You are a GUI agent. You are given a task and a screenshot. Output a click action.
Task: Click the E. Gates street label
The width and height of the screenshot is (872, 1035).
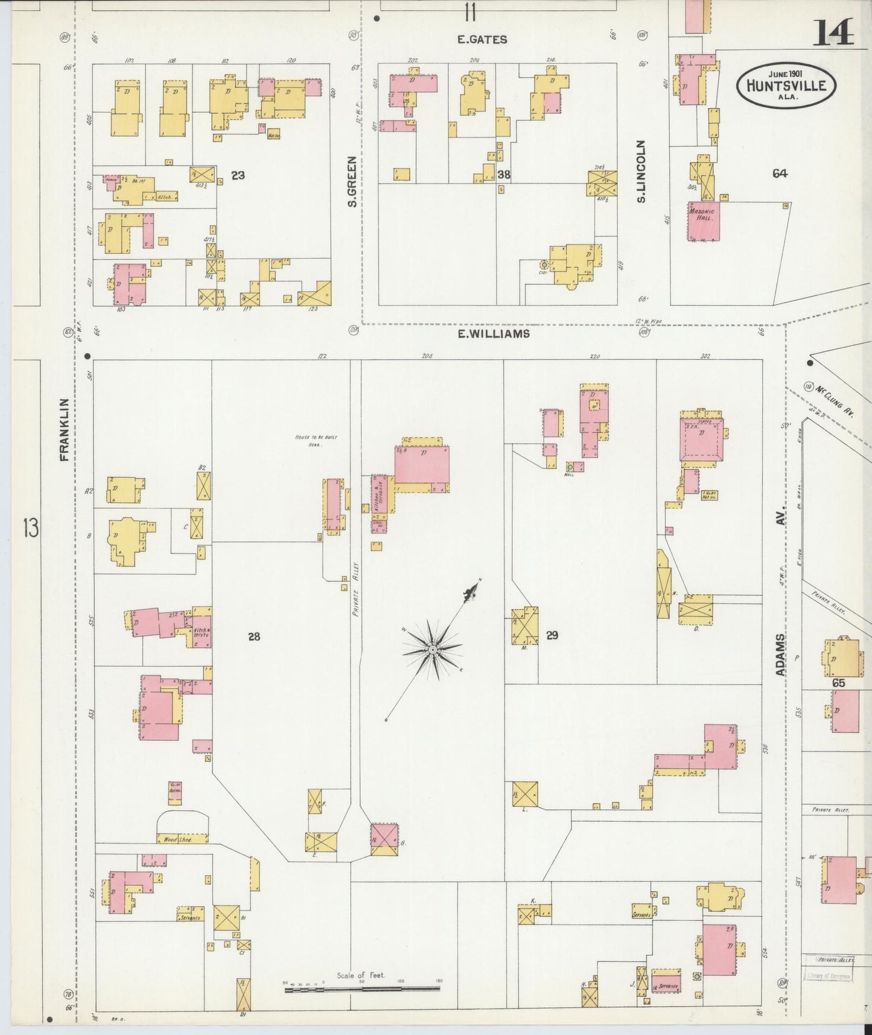tap(482, 40)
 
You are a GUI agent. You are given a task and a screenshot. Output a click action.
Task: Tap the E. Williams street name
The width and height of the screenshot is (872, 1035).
tap(494, 333)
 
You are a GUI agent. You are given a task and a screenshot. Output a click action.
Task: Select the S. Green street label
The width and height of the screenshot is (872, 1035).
tap(352, 181)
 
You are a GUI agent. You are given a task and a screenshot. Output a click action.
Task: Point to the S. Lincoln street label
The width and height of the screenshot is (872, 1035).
tap(641, 171)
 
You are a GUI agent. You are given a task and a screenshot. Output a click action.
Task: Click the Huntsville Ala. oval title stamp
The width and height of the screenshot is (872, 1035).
tap(786, 85)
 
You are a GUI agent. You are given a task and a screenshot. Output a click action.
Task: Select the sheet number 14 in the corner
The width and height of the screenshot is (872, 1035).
tap(833, 33)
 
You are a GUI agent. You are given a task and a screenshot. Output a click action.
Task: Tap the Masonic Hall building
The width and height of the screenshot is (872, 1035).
tap(702, 216)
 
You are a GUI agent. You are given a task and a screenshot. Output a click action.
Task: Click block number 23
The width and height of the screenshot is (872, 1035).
tap(238, 175)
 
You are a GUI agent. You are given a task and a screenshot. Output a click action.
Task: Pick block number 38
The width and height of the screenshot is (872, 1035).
tap(504, 175)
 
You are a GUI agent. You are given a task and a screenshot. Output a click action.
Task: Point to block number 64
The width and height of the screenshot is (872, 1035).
tap(780, 173)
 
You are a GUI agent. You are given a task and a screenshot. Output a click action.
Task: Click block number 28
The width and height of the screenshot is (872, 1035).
tap(254, 636)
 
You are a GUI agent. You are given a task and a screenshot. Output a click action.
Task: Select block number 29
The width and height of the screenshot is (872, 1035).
tap(552, 635)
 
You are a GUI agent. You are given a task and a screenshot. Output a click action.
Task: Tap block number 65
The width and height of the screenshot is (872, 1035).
tap(838, 684)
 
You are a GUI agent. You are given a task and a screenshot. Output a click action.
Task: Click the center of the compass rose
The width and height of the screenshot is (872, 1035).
tap(433, 649)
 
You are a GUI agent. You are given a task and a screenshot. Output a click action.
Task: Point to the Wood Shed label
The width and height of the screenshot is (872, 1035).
tap(178, 839)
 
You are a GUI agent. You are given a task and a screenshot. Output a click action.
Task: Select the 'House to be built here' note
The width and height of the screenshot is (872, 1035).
tap(309, 440)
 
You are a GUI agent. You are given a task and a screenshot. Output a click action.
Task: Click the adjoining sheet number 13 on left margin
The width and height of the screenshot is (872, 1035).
tap(30, 528)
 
